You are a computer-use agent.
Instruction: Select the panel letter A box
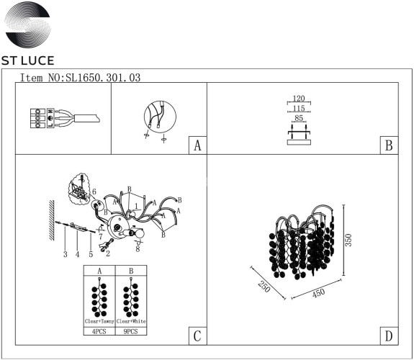point(197,145)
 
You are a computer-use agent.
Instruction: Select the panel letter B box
point(388,145)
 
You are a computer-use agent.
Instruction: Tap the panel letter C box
point(197,336)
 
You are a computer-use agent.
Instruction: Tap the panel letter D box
point(388,336)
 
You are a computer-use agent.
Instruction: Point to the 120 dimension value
point(300,99)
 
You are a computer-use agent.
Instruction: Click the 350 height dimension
point(349,240)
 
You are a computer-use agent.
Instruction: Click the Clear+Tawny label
point(99,320)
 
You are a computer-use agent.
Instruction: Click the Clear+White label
point(130,320)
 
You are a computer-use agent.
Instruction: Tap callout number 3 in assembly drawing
point(64,254)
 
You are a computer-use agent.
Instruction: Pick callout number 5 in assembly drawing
point(91,254)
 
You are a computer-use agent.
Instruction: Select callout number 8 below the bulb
point(137,248)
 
